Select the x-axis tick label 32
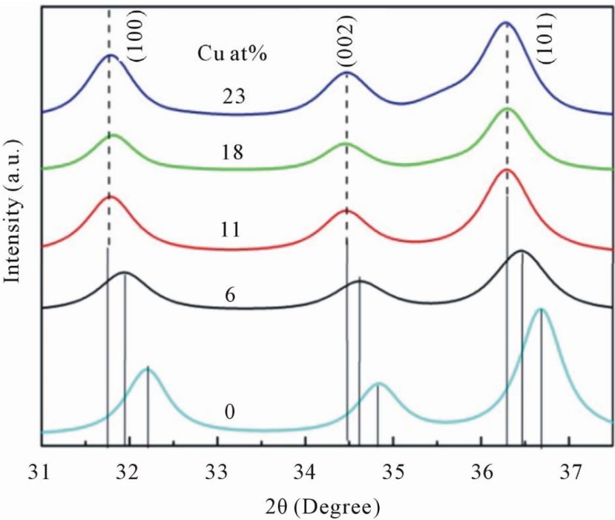[130, 472]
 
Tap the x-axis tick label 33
[217, 472]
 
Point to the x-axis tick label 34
[306, 472]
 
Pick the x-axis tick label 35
[393, 472]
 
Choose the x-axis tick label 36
[481, 472]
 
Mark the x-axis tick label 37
[569, 472]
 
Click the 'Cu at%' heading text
[232, 53]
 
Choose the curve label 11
[231, 229]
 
